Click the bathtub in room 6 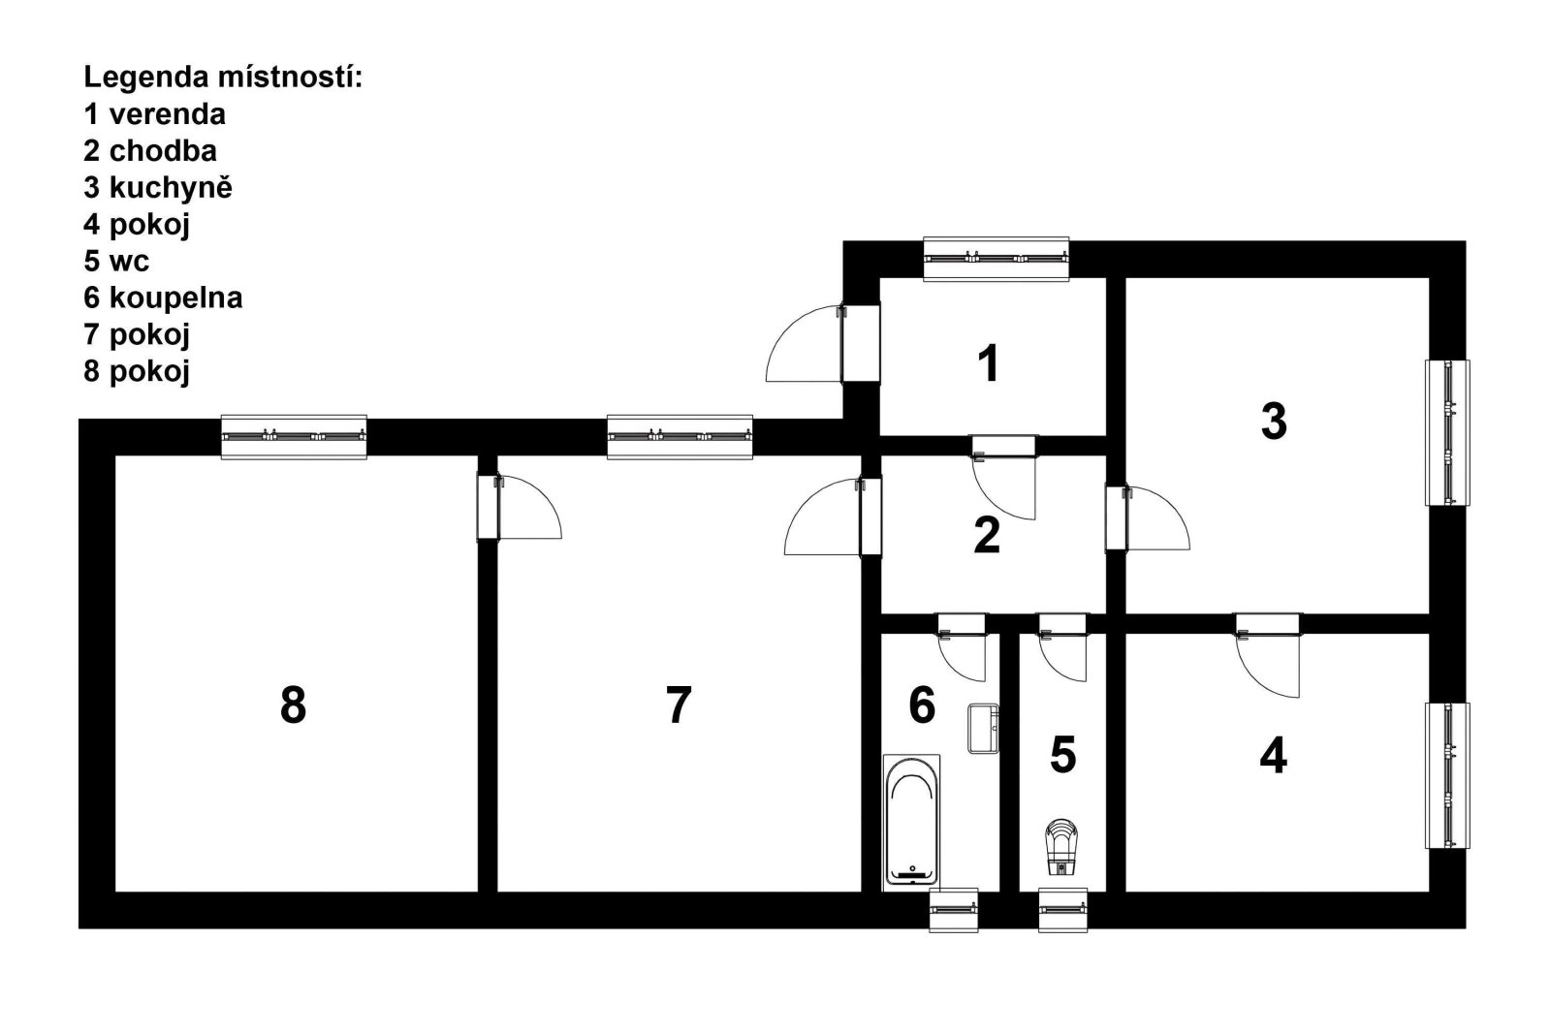[x=911, y=820]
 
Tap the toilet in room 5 [x=1061, y=847]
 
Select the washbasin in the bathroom [x=983, y=728]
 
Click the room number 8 [x=293, y=705]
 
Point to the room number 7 [x=679, y=705]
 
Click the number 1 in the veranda [x=988, y=363]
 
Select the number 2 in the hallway [x=987, y=535]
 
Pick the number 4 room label [x=1274, y=756]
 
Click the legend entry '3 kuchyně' [x=158, y=188]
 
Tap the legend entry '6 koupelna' [x=163, y=298]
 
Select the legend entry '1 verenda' [x=154, y=114]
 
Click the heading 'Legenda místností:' [x=223, y=78]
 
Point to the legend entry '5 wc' [x=116, y=262]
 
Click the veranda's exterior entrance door [x=823, y=343]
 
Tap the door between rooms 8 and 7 [x=520, y=507]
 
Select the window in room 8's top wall [x=294, y=437]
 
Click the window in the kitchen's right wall [x=1447, y=432]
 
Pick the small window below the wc [x=1062, y=909]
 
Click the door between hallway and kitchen [x=1148, y=518]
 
